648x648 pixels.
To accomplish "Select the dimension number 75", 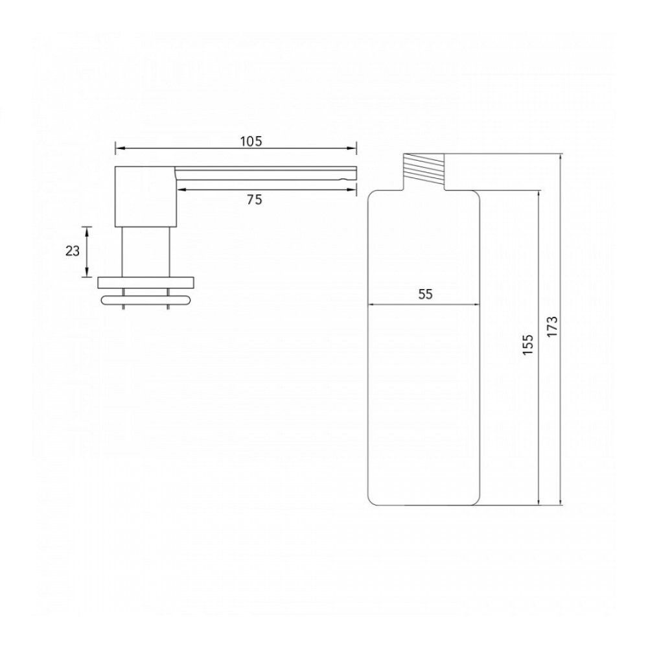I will coord(255,200).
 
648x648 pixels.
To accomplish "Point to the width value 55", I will coord(425,294).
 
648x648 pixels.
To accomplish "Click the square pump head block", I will coord(145,196).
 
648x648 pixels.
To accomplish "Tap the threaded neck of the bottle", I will coord(424,172).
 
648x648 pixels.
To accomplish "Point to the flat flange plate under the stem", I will coord(145,282).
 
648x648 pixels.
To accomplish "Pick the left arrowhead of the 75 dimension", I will coord(179,189).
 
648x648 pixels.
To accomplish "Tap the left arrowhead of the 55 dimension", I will coord(372,305).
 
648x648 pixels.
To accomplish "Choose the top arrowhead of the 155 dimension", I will coord(538,194).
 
